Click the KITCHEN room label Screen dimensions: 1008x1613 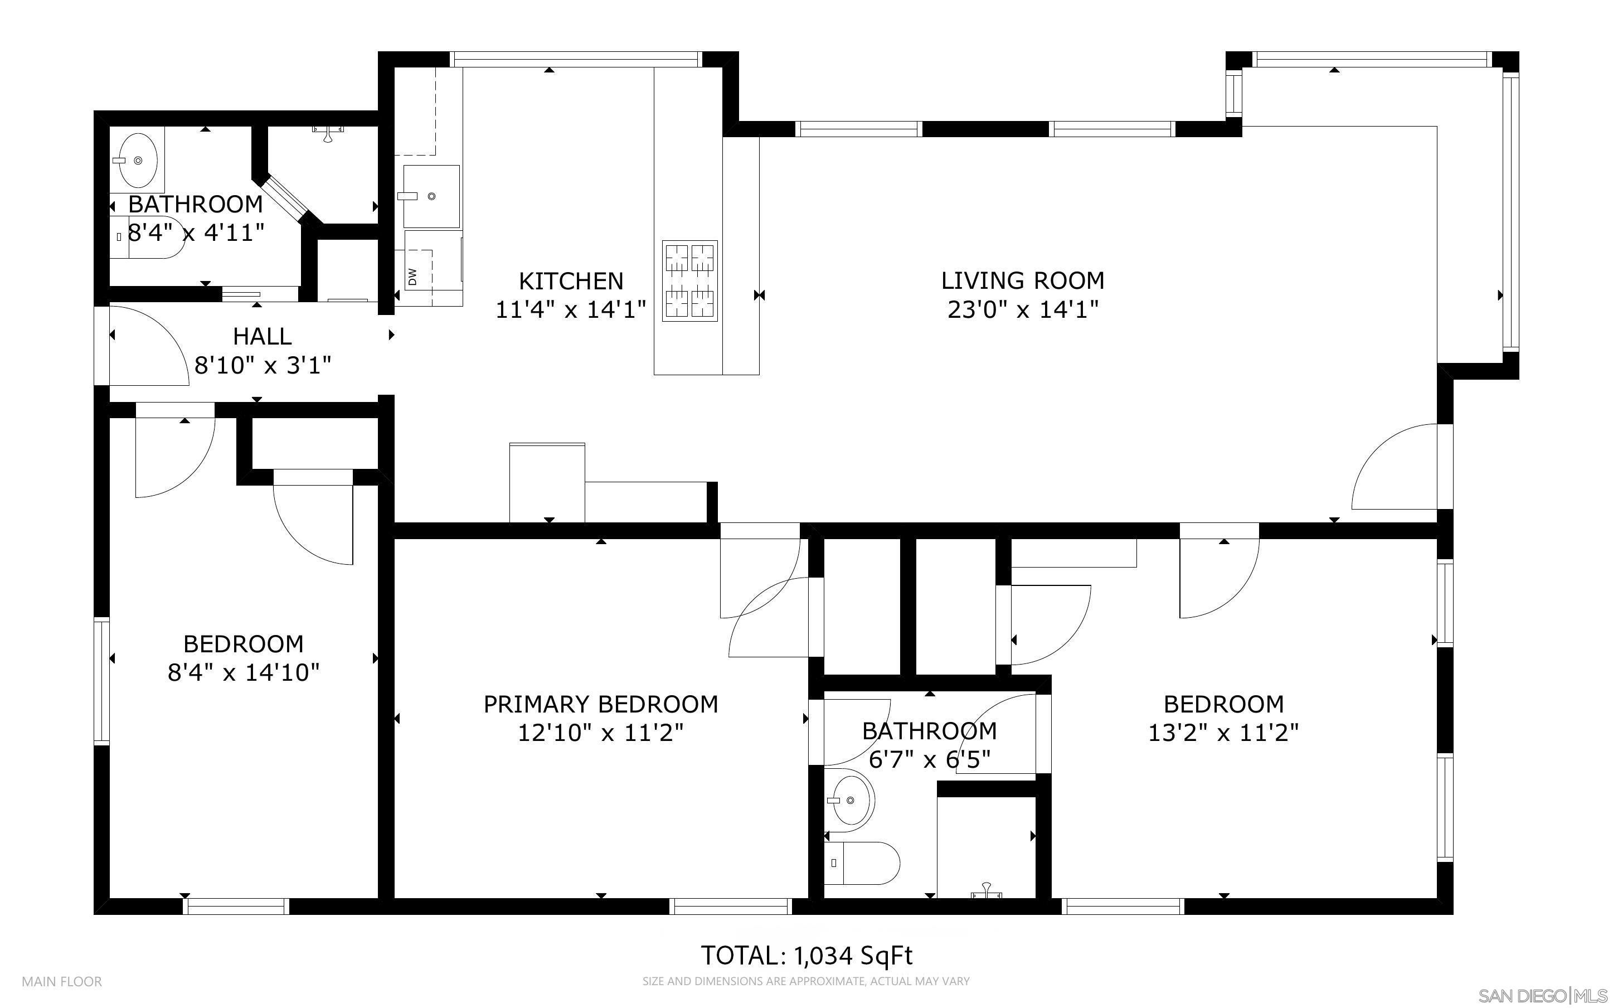[571, 280]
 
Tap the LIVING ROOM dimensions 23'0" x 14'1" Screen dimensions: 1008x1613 [1023, 310]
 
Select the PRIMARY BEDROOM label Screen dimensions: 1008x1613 [600, 704]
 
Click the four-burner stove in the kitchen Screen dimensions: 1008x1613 [689, 280]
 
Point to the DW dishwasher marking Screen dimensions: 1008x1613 [412, 276]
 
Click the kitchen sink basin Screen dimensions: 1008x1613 [431, 196]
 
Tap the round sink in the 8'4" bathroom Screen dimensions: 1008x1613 [138, 161]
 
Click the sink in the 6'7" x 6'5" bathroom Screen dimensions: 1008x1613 [851, 800]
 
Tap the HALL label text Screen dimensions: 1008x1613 [262, 337]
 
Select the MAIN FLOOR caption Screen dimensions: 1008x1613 [62, 981]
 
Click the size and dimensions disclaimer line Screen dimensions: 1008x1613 [805, 981]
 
